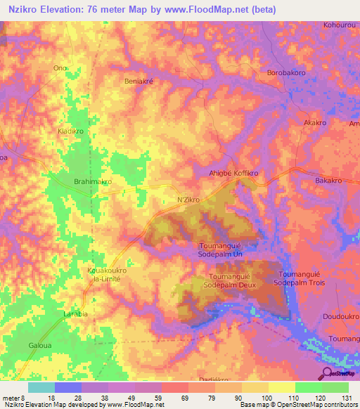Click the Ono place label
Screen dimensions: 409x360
60,67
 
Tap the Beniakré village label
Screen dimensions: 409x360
139,81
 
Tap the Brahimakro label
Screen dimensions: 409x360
93,181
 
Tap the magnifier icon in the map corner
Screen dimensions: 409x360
328,374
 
